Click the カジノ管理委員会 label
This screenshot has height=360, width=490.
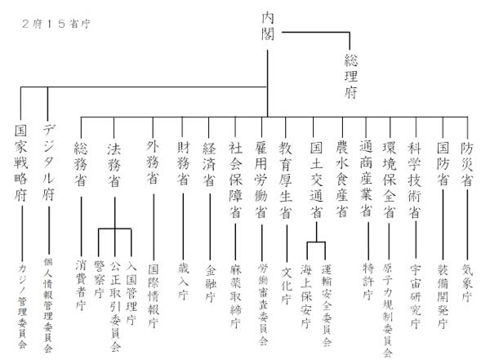(22, 305)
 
